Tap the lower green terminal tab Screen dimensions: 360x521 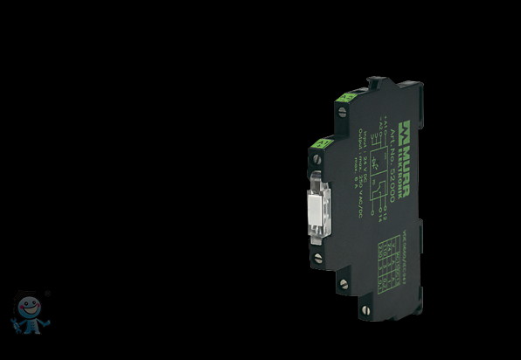(x=320, y=142)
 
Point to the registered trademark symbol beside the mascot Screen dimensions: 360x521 (x=47, y=294)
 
